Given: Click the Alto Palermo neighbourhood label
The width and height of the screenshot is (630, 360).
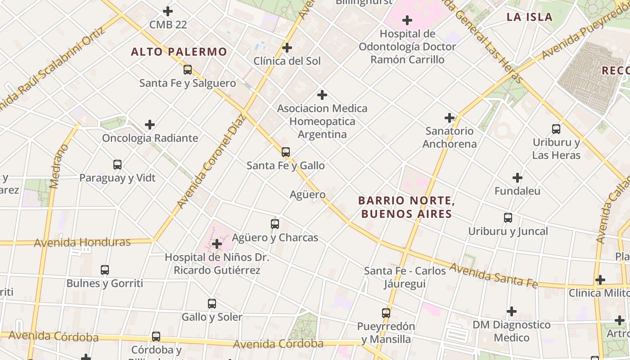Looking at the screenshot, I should pos(179,52).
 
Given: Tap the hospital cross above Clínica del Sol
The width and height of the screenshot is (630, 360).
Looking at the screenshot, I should pos(287,48).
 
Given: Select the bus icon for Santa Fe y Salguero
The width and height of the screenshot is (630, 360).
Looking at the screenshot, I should pos(188,70).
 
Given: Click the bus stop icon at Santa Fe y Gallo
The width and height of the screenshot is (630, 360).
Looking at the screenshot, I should pos(286,152).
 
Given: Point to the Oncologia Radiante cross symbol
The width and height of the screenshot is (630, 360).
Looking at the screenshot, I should pos(150,125).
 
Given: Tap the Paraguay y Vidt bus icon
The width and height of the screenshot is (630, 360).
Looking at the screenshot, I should pos(117,165).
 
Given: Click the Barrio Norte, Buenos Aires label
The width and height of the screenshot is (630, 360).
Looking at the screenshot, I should pos(405,207).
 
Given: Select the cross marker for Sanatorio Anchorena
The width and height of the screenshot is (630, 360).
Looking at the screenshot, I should pos(450,118).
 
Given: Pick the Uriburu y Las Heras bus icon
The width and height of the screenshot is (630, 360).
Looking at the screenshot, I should pos(556,129).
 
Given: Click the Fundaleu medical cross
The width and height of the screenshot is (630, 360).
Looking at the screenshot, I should pos(517,178).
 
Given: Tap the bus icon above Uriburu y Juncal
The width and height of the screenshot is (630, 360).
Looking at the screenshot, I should pos(508,218).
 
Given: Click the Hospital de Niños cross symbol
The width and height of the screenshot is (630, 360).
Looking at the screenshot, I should pos(217,244).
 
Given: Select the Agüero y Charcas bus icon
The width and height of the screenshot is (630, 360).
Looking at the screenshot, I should pos(275,224).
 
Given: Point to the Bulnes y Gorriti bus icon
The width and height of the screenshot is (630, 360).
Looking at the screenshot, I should pos(105,270).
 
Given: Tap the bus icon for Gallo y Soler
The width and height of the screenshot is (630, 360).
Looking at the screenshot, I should pos(212,304).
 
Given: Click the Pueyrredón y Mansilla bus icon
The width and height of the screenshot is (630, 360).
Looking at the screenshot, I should pos(386,313).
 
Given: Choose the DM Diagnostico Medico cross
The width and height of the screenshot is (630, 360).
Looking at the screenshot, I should pos(512,311).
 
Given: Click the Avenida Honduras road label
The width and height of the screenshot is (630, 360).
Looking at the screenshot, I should pos(82,243).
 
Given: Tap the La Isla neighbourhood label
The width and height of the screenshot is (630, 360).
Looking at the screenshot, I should pos(529,17).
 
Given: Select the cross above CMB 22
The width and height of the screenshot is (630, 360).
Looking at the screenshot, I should pos(168,11).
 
